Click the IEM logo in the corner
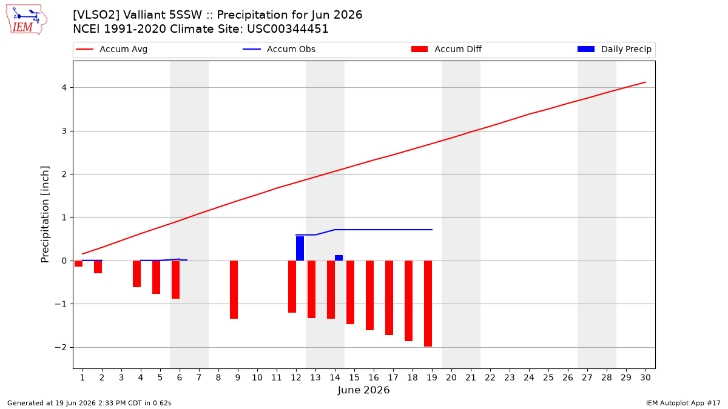coord(26,19)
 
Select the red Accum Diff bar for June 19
coord(428,304)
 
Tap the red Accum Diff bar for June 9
coord(234,290)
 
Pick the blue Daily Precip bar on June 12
coord(300,248)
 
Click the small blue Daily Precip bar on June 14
coord(339,258)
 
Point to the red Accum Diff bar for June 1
coord(79,264)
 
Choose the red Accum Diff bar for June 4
coord(137,274)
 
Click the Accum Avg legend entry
coord(112,49)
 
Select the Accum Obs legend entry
coord(279,49)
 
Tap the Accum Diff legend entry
coord(447,49)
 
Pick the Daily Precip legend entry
coord(615,49)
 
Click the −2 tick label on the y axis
coord(61,347)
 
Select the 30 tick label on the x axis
coord(645,377)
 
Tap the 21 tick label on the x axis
coord(471,377)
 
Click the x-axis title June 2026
coord(363,390)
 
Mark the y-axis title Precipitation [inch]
coord(45,214)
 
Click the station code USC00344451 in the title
coord(288,29)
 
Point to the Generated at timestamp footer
coord(89,403)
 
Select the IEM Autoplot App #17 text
coord(683,403)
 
